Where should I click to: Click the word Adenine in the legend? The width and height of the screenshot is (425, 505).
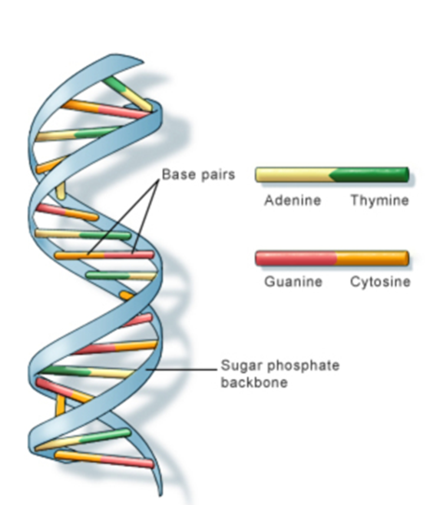pos(293,200)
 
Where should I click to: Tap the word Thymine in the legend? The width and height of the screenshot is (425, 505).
pos(380,200)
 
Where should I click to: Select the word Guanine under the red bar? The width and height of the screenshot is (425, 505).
pos(294,281)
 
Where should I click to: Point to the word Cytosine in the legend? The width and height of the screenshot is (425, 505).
pos(380,281)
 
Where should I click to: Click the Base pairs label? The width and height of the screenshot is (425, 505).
pos(199,174)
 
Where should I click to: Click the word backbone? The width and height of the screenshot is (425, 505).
pos(254,383)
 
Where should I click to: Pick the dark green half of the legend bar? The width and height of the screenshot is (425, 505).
pos(370,175)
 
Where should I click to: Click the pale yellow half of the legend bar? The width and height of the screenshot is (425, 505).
pos(295,175)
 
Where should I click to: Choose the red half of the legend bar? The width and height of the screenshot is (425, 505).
pos(295,258)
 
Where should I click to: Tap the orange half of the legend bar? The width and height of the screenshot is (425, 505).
pos(373,258)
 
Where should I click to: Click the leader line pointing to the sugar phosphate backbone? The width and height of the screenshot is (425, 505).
pos(182,370)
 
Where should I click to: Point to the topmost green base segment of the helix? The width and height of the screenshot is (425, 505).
pos(115,84)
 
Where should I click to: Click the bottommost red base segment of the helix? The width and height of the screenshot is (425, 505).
pos(128,461)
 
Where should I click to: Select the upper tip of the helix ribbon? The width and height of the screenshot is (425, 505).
pos(143,61)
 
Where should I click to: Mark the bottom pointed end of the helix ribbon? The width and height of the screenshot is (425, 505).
pos(159,496)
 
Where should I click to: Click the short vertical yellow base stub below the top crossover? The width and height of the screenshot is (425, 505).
pos(61,191)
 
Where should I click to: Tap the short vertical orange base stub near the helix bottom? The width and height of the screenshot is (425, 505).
pos(60,405)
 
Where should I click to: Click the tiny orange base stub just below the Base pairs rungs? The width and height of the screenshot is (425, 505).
pos(127,295)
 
